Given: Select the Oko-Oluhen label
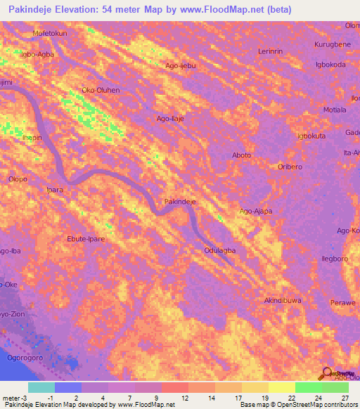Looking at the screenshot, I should point(101,90).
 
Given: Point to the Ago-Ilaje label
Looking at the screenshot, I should point(169,119).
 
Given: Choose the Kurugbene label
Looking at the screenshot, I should point(332,44).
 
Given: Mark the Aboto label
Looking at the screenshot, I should point(241,155).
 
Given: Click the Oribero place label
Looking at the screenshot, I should point(289,167).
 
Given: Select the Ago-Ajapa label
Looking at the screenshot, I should point(256,211).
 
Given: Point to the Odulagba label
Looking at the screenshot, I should point(219,250).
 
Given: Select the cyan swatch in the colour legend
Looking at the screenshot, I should point(41,387).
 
